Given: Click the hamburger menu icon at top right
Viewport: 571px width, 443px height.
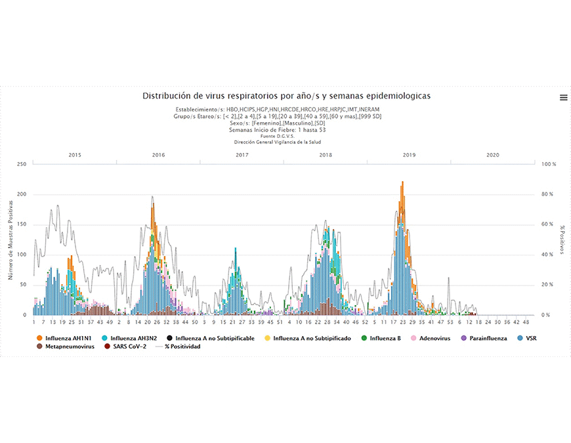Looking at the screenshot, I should tap(563, 97).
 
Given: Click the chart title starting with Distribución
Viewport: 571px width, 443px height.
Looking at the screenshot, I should tap(286, 96).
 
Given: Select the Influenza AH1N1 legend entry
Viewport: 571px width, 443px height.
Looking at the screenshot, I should tap(68, 338).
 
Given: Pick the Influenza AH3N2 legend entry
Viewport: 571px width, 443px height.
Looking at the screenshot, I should tap(131, 338).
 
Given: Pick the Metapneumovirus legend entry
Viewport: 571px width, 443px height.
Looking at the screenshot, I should tap(65, 347).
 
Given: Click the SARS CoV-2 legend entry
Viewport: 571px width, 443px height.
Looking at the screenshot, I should tap(128, 347).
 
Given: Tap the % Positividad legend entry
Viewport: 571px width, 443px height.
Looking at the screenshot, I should tap(177, 347).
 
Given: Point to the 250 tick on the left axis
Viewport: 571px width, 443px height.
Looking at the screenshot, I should tap(21, 164).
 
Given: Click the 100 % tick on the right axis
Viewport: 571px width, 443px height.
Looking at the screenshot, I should tap(548, 164).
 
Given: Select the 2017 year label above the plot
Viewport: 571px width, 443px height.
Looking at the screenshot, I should tap(242, 155).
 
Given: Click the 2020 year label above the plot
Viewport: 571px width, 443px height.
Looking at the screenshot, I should tap(493, 155).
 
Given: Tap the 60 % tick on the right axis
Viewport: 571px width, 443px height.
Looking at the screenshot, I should tap(547, 224).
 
